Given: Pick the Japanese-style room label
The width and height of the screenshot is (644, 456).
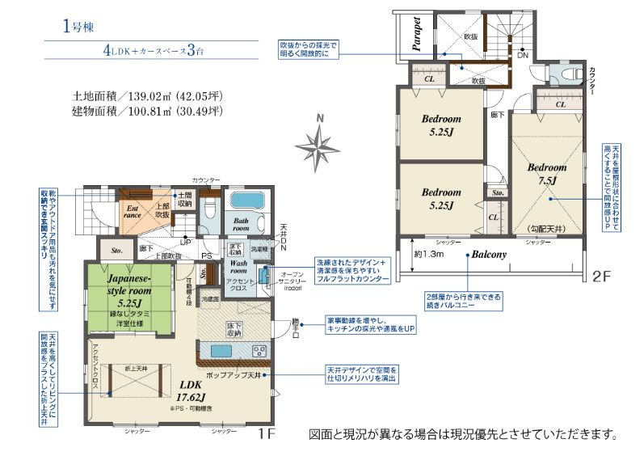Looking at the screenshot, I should coord(129,290).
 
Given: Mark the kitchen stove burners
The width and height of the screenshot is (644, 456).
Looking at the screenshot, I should coord(259,350).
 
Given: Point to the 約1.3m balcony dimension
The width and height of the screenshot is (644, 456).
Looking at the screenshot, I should coord(428,255).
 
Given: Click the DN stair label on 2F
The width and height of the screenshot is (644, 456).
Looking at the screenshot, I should coord(522,56).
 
